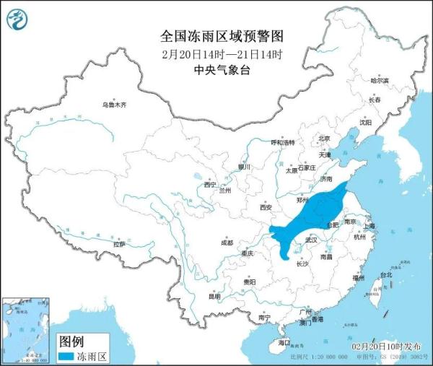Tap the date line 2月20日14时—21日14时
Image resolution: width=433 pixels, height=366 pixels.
click(x=216, y=53)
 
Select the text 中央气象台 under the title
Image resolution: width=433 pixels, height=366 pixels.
click(x=216, y=70)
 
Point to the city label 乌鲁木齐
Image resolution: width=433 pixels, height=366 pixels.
click(x=114, y=105)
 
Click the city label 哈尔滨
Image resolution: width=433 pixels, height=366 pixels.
click(x=379, y=81)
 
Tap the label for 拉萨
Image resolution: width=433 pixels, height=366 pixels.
click(x=118, y=245)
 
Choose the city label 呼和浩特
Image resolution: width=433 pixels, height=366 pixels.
click(x=282, y=143)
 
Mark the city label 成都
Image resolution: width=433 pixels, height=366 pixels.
click(x=227, y=243)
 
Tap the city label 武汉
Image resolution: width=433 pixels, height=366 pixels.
click(x=311, y=239)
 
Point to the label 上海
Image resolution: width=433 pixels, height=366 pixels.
click(x=369, y=226)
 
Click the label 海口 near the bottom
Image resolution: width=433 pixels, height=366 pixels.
click(x=284, y=341)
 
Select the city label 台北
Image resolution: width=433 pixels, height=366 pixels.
click(x=386, y=274)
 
